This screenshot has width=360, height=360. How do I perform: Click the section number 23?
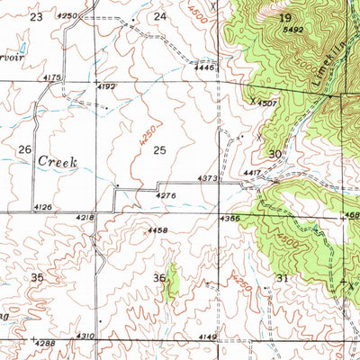tap(36, 17)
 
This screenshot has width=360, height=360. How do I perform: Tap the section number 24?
tap(159, 17)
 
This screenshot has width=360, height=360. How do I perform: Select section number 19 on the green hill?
tap(285, 17)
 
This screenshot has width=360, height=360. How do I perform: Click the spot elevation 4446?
tap(203, 67)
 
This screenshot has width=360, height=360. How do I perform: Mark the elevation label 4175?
tap(51, 78)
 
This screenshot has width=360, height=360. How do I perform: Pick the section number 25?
tap(160, 149)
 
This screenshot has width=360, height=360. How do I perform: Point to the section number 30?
tap(275, 154)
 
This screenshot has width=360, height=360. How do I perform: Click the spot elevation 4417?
tap(251, 172)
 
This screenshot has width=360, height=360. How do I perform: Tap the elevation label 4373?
tap(207, 179)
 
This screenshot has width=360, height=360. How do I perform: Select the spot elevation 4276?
tap(165, 194)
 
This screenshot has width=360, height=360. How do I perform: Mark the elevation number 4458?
tap(157, 231)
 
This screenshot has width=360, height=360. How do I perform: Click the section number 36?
tap(159, 277)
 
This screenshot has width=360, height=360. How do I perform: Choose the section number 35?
tap(36, 278)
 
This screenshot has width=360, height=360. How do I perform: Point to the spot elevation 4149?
tap(207, 337)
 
